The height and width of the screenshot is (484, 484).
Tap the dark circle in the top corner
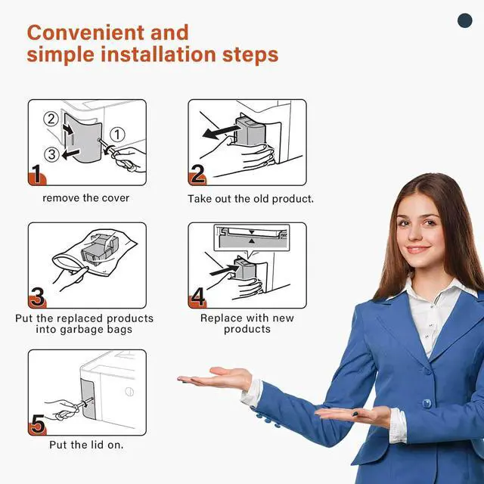coord(464,21)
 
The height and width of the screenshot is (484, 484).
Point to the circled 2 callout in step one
coord(51,119)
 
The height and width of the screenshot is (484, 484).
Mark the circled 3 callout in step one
coord(51,154)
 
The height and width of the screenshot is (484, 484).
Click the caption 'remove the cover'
coord(85,198)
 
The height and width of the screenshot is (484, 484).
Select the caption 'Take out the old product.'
coord(250,199)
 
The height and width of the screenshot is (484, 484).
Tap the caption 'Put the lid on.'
coord(86,445)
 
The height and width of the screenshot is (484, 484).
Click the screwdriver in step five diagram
coord(64,408)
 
